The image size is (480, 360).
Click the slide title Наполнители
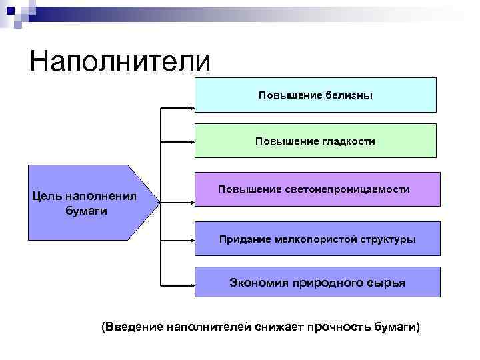tap(119, 61)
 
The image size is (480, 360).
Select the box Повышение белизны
tap(315, 95)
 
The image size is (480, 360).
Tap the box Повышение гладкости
tap(315, 141)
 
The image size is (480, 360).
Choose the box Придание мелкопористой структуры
tap(317, 239)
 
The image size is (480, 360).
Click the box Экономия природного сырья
tap(317, 282)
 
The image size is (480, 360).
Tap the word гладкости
tap(349, 141)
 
